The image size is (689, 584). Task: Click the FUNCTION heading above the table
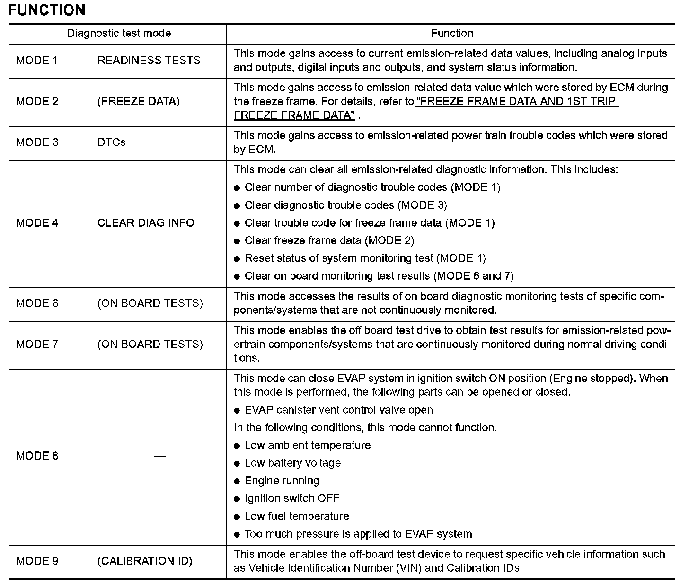pyautogui.click(x=47, y=10)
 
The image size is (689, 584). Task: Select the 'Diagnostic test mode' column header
pyautogui.click(x=119, y=33)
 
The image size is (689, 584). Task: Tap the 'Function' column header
pyautogui.click(x=451, y=33)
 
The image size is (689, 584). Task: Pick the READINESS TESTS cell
pyautogui.click(x=149, y=60)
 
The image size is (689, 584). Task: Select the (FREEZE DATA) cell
pyautogui.click(x=138, y=101)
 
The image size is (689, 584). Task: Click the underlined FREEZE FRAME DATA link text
pyautogui.click(x=517, y=101)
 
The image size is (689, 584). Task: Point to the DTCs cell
pyautogui.click(x=112, y=142)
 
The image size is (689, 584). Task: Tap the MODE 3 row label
pyautogui.click(x=37, y=142)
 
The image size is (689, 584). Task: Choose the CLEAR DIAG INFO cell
pyautogui.click(x=146, y=223)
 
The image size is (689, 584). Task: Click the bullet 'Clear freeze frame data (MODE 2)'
pyautogui.click(x=329, y=240)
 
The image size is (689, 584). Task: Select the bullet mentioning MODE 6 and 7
pyautogui.click(x=379, y=276)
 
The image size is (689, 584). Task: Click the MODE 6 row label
pyautogui.click(x=37, y=303)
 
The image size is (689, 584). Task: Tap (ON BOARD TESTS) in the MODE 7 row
pyautogui.click(x=150, y=344)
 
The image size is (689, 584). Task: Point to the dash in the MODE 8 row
pyautogui.click(x=160, y=456)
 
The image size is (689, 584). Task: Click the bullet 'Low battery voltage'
pyautogui.click(x=292, y=463)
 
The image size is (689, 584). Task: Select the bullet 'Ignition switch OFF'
pyautogui.click(x=292, y=498)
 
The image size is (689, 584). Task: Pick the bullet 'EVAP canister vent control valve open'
pyautogui.click(x=338, y=410)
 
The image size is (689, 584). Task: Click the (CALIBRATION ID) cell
pyautogui.click(x=145, y=561)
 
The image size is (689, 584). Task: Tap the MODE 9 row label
pyautogui.click(x=37, y=561)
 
